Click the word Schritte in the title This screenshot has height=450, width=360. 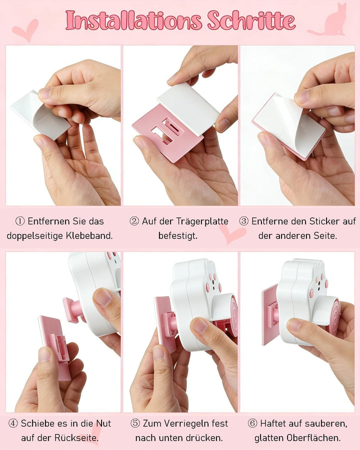coord(251,20)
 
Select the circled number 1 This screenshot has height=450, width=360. coord(20,221)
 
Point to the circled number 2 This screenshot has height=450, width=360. coord(134,221)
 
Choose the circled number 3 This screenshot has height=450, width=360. coord(243,221)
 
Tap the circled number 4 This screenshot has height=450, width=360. coord(13,423)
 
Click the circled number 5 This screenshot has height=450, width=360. coord(135,423)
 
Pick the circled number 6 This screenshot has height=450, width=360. coord(252,423)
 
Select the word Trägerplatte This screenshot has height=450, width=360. coord(202,221)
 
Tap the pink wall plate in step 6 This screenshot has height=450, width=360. coord(270,315)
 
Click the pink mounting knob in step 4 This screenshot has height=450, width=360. coord(72,310)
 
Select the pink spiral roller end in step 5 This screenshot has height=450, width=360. coord(233,315)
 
